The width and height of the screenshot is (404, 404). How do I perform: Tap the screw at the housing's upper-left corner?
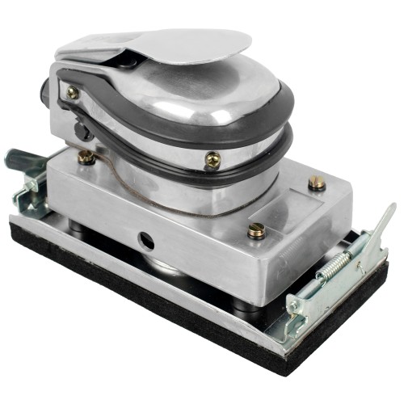[x=73, y=92]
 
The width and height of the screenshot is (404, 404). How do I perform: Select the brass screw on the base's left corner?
[x=86, y=158]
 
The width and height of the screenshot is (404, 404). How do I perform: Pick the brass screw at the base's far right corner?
[x=317, y=183]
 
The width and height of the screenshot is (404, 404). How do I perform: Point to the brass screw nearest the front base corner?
[x=257, y=230]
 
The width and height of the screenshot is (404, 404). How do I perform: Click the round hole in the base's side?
[x=145, y=240]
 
